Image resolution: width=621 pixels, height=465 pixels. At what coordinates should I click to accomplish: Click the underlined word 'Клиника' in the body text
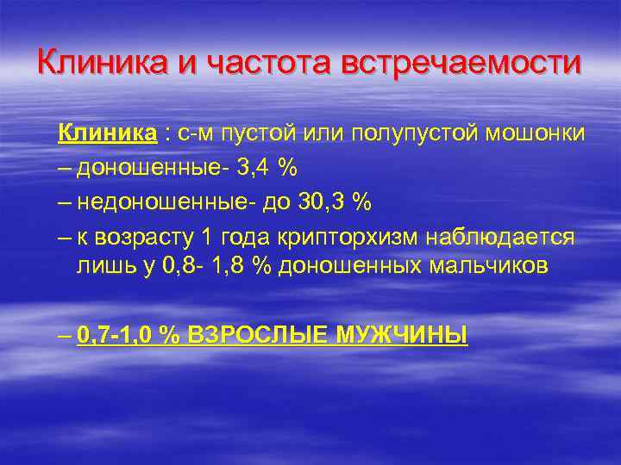click(108, 134)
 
